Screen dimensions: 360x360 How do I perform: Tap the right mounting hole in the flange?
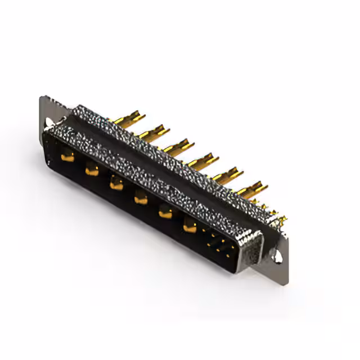pyautogui.click(x=277, y=256)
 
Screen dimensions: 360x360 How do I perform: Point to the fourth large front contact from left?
pyautogui.click(x=140, y=197)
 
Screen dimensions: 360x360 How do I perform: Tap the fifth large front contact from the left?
pyautogui.click(x=165, y=211)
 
